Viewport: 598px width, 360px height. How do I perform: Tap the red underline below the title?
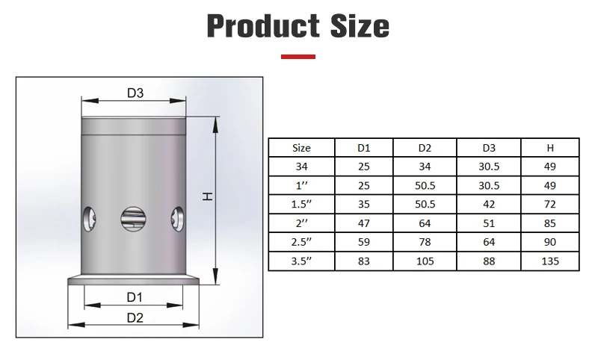tap(298, 57)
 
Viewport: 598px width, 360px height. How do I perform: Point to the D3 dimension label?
tap(135, 93)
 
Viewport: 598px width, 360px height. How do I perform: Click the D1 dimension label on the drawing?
tap(134, 297)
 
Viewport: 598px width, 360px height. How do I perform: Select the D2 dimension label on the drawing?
tap(135, 317)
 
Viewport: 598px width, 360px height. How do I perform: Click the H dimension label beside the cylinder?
tap(209, 196)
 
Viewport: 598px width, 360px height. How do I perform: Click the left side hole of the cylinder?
tap(87, 219)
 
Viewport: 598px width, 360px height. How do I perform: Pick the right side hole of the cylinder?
tap(178, 219)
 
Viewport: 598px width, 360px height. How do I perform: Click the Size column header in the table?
tap(301, 148)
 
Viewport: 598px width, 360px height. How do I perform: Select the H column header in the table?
tap(551, 148)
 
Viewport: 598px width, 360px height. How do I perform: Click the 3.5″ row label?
tap(301, 261)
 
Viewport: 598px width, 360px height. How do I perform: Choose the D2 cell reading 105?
tap(424, 261)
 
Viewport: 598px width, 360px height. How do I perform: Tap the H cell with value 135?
tap(551, 261)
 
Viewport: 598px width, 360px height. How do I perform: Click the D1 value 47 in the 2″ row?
tap(364, 224)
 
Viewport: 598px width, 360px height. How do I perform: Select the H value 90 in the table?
tap(551, 243)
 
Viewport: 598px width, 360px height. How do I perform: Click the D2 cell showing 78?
tap(424, 243)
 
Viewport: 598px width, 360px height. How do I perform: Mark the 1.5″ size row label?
tap(301, 205)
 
